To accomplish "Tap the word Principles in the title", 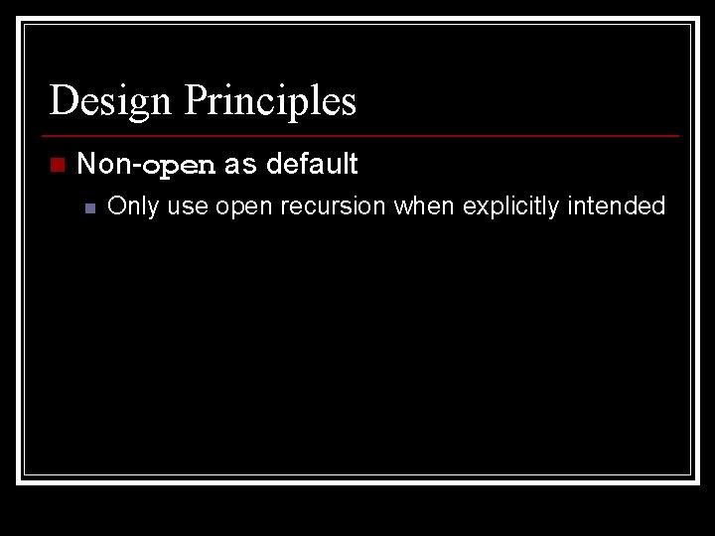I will point(270,101).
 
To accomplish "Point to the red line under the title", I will point(362,135).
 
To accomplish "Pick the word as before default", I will point(239,165).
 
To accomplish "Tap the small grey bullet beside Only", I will point(89,207).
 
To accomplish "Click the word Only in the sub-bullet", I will point(132,206).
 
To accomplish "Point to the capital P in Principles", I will point(196,100).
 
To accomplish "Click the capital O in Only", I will point(116,206).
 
